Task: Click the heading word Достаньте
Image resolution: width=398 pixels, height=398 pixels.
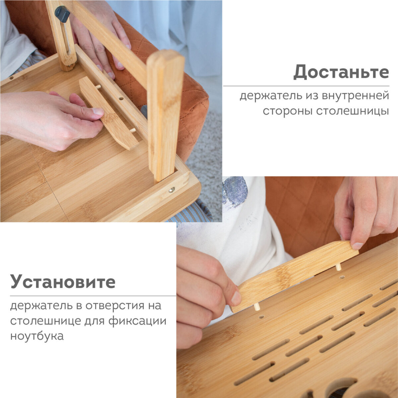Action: (x=341, y=72)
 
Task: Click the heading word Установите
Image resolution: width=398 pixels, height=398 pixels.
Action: (x=63, y=282)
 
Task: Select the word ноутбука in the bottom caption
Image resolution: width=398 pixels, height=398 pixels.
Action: (x=37, y=336)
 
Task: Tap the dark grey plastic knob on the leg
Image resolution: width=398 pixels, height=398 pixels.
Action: (x=62, y=14)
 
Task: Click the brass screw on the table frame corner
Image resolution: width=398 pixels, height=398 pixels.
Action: (x=172, y=190)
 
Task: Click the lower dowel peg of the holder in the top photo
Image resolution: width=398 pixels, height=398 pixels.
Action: (x=132, y=130)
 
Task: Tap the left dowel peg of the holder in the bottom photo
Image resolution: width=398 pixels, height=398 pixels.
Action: (x=257, y=307)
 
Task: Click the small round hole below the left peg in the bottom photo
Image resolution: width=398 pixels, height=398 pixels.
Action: (x=262, y=316)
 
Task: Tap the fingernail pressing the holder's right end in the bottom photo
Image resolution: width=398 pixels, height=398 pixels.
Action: (x=357, y=246)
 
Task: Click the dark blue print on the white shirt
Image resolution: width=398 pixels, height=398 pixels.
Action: (x=235, y=191)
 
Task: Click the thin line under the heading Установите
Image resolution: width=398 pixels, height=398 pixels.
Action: (x=93, y=296)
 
